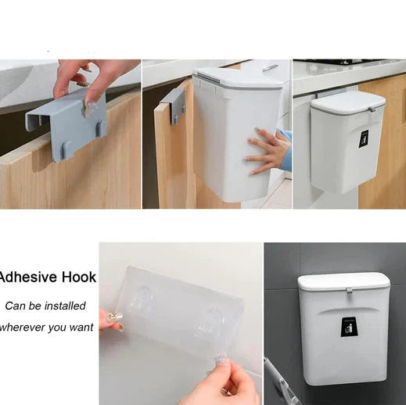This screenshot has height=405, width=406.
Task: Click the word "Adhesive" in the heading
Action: point(27,277)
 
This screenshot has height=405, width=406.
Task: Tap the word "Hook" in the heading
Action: point(79,277)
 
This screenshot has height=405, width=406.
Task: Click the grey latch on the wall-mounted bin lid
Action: point(348,291)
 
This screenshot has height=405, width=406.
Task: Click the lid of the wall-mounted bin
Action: point(344,281)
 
